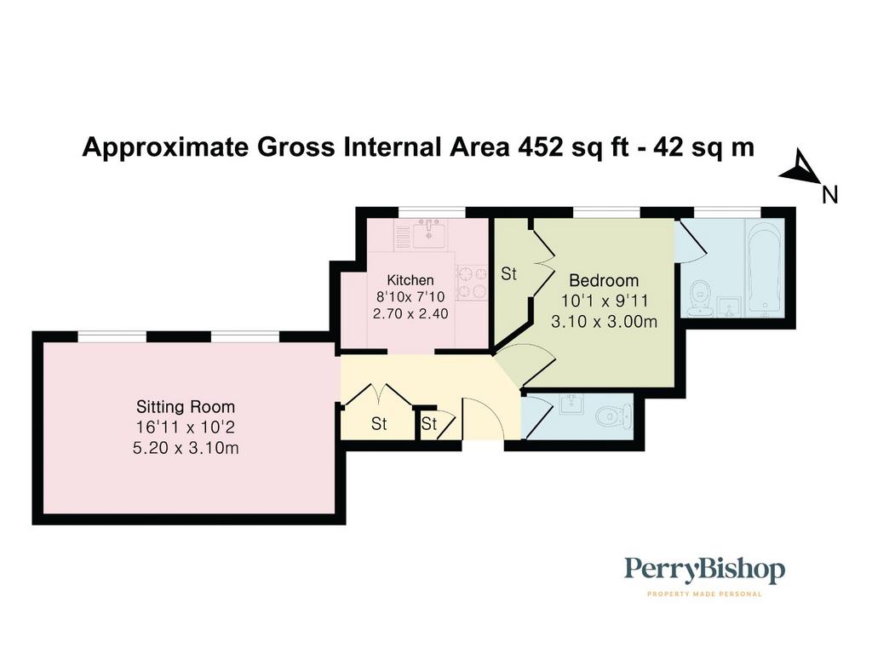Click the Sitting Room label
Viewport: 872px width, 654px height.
[186, 406]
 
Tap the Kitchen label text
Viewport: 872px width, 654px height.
[410, 279]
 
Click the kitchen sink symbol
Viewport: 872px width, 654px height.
[429, 233]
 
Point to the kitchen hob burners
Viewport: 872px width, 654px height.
[472, 283]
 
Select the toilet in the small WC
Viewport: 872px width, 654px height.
[613, 415]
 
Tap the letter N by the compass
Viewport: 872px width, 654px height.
[829, 195]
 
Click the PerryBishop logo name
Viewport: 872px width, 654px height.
[704, 571]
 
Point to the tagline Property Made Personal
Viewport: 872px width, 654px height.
[704, 594]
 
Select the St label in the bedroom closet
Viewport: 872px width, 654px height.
[509, 273]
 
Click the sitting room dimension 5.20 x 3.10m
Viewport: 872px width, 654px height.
[186, 448]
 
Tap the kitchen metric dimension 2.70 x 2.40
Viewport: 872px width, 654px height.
[410, 313]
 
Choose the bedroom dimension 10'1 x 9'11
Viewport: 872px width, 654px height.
[605, 301]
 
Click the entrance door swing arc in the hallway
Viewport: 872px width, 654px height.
[490, 411]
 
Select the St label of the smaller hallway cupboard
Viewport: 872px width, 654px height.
[429, 424]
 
